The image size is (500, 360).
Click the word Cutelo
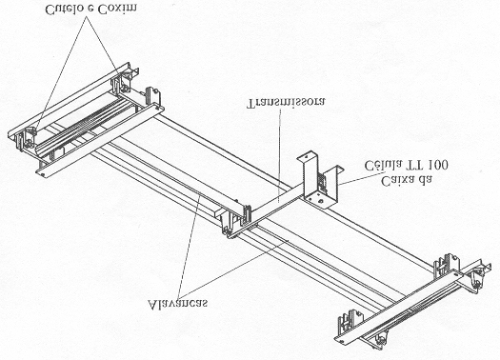coord(63,10)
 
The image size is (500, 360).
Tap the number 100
coord(438,165)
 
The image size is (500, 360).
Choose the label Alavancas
coord(178,303)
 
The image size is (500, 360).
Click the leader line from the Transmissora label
coord(280,155)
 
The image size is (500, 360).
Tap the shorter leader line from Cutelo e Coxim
coord(102,47)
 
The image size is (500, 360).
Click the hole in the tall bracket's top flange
coord(307,156)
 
